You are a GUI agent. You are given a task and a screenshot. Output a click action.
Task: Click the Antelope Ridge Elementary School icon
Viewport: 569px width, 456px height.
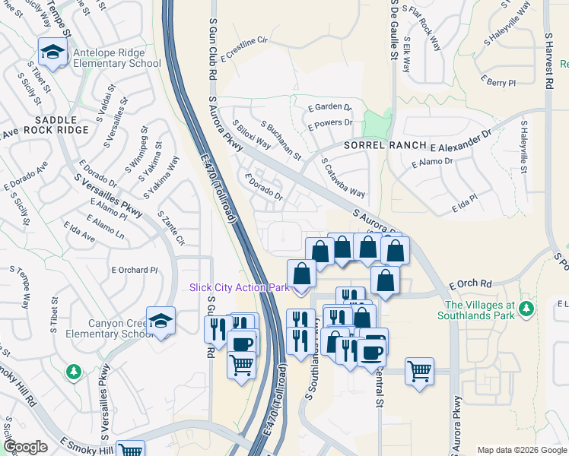[52, 52]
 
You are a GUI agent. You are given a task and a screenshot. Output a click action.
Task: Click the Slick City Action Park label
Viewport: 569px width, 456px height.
[240, 287]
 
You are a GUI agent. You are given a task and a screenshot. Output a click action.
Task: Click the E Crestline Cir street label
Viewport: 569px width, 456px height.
[245, 48]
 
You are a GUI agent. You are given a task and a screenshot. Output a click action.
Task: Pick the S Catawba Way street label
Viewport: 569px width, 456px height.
[343, 177]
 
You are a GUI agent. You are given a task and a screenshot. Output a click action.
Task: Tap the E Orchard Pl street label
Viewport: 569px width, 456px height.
[134, 270]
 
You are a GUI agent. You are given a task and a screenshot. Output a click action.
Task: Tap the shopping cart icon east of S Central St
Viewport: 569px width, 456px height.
[419, 372]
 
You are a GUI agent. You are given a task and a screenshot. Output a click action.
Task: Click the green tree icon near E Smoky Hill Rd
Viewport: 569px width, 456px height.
[73, 372]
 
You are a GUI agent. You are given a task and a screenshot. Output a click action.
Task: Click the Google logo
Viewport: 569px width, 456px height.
[26, 447]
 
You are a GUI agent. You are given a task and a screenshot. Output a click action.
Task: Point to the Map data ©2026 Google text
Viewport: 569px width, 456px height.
[521, 449]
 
